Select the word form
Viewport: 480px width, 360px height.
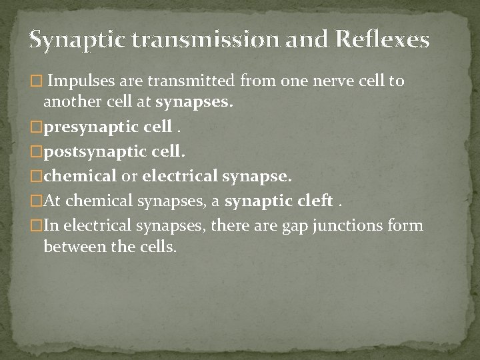(x=407, y=225)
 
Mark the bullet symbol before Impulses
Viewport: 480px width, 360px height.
(x=35, y=82)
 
